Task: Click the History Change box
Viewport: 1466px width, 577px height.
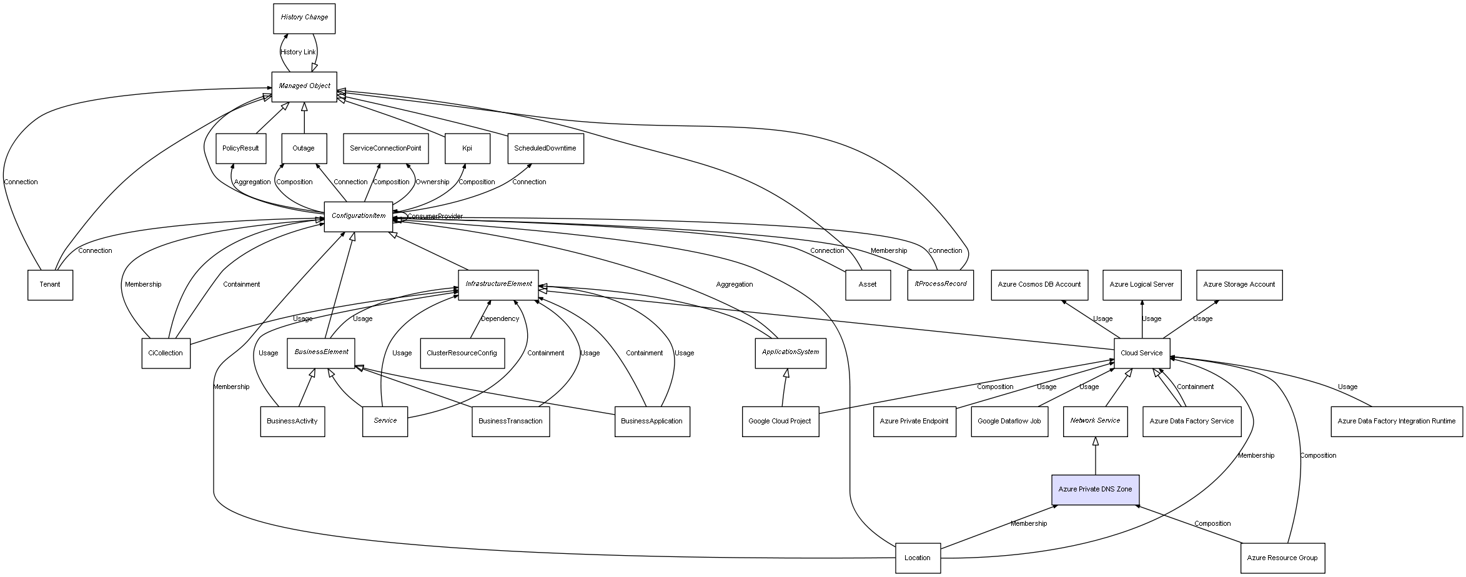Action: (304, 18)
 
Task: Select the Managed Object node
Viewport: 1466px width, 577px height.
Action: (304, 86)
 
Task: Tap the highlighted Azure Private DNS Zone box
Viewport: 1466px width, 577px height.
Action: (1095, 490)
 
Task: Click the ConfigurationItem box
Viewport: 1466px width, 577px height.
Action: (359, 216)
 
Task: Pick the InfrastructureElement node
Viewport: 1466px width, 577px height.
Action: (498, 284)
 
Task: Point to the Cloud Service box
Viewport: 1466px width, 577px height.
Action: (1141, 353)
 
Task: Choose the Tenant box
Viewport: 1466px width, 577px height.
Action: (50, 285)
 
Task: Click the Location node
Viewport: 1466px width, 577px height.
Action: (917, 558)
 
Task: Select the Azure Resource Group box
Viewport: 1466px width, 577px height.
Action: (1282, 558)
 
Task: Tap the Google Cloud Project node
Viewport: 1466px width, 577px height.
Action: (780, 421)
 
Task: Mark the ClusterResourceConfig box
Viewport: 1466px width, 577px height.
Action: (462, 353)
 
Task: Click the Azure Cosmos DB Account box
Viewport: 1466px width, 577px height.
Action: (1039, 285)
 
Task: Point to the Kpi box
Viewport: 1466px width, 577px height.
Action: (467, 149)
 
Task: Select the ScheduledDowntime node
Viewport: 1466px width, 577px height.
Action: (545, 149)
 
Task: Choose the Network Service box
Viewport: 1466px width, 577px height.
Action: (1095, 421)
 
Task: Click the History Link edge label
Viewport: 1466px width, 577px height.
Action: (298, 52)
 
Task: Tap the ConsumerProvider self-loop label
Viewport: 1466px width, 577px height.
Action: (435, 217)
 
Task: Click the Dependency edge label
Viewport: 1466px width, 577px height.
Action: (500, 319)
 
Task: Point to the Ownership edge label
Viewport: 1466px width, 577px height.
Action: (432, 182)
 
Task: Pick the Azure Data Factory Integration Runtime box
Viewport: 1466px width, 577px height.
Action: (1396, 421)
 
